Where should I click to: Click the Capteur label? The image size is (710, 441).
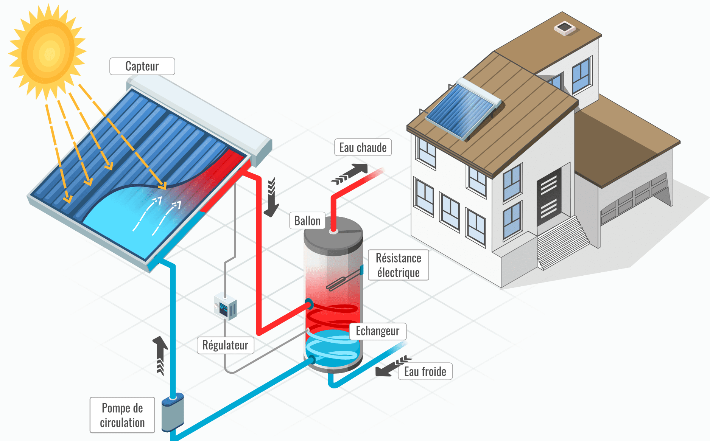pos(142,66)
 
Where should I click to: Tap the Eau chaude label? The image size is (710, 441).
pos(363,148)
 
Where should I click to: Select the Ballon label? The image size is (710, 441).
pos(307,221)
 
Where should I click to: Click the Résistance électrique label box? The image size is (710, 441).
pos(398,265)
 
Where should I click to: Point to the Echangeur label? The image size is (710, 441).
pos(377,331)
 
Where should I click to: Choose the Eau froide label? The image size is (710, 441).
pos(425,371)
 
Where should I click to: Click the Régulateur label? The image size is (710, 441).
pos(225,345)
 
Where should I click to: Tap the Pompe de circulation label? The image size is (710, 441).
pos(122,415)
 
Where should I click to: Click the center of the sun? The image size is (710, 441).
pos(48,52)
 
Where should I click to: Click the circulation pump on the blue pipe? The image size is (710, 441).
pos(173,412)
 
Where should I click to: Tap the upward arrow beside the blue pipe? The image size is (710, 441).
pos(160,354)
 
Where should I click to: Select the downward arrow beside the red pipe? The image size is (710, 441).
pos(271,199)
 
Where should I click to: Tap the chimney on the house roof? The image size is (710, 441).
pos(564,28)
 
